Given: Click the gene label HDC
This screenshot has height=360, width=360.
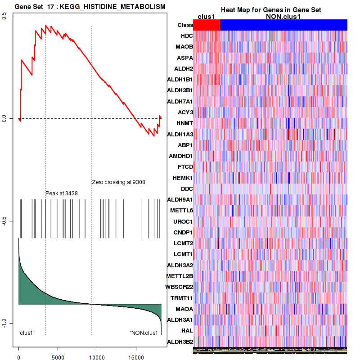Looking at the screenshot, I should [187, 36].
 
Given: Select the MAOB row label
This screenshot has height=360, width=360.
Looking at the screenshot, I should [184, 47].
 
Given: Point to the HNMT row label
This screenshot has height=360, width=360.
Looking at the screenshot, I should [185, 123].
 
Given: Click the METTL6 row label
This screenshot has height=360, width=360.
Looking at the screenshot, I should [182, 211].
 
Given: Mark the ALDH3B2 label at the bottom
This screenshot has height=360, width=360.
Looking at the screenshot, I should [180, 342].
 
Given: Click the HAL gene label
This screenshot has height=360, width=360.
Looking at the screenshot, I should [187, 331].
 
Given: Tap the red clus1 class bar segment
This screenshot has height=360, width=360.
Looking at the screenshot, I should [207, 25].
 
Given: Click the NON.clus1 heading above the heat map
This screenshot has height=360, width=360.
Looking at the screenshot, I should [283, 17].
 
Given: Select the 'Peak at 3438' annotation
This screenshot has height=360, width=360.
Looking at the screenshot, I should [62, 193].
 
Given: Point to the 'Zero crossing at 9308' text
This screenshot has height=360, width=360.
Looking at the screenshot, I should [118, 182].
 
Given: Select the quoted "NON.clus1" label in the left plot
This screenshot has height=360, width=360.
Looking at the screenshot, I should [145, 333].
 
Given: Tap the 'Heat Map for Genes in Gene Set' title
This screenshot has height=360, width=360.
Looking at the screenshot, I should [270, 10].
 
